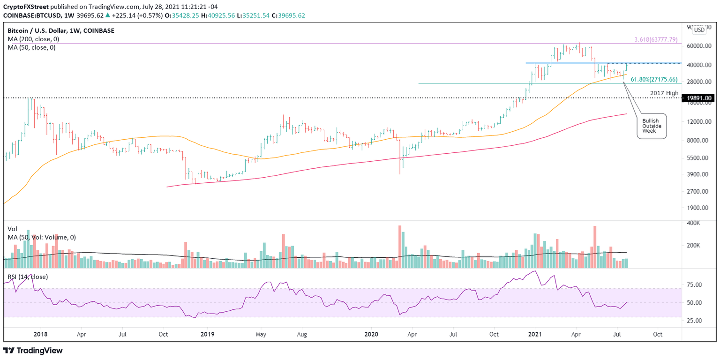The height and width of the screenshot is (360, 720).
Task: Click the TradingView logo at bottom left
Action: (x=33, y=350)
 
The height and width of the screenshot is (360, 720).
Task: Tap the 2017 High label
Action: (x=664, y=93)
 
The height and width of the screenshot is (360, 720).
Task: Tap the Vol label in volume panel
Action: (x=12, y=229)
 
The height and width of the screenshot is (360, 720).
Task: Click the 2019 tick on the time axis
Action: (x=207, y=335)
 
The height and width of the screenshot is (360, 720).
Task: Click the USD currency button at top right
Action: (x=699, y=30)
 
